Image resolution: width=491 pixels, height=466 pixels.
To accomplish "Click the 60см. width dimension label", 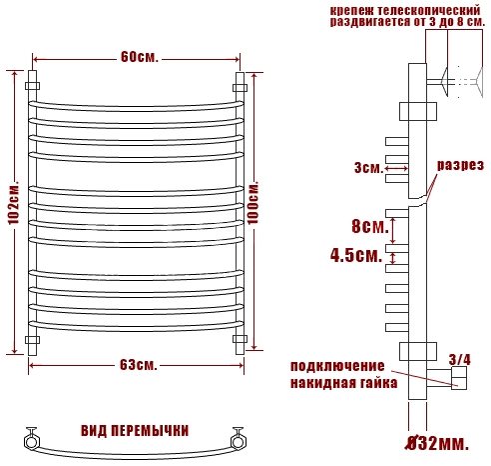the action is coord(140,57).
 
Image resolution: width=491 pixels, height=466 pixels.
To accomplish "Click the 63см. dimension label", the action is coord(138,365).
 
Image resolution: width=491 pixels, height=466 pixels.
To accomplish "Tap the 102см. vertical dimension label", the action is coord(14,203).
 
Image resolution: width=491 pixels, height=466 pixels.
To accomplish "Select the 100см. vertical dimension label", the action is coord(252,202).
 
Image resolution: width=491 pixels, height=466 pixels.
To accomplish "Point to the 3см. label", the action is coord(369,167).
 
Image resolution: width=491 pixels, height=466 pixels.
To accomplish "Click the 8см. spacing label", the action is coord(370,226).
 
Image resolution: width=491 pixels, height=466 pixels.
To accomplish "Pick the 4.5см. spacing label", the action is coord(356,255).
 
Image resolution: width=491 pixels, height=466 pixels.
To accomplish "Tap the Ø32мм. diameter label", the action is coord(437,444).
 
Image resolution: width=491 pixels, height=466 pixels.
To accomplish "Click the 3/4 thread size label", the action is coord(460,359).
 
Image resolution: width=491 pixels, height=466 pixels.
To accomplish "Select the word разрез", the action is coord(460,165).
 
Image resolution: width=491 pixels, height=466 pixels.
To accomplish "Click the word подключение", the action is coord(337,366).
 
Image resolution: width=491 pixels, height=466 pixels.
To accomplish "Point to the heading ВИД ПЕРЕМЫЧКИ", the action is coord(135,431).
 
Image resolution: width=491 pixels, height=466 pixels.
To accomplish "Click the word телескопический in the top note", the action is coord(429,10).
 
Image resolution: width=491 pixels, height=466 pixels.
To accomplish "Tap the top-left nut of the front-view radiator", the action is coord(32,86).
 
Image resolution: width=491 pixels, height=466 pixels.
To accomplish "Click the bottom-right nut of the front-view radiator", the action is coord(240,339).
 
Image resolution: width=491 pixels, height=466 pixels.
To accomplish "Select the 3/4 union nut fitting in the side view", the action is coord(459,378).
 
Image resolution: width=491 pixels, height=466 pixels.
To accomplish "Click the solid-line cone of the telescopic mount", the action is coord(445,81).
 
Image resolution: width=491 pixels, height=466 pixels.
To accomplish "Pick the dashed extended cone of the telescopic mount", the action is coord(479,82).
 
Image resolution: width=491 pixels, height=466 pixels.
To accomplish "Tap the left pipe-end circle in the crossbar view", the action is coord(31,442).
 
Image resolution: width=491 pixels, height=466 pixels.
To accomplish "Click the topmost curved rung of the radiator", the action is coord(136,107).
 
